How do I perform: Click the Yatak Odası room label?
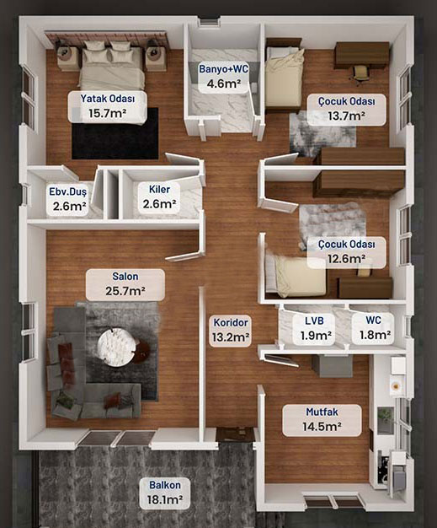pos(108,99)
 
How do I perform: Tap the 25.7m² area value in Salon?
pos(125,291)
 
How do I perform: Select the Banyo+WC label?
pos(223,68)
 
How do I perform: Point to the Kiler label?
pos(159,189)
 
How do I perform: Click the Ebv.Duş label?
pos(68,191)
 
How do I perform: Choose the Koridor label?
pos(231,322)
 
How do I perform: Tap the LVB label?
pos(314,321)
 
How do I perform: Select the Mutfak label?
pos(322,412)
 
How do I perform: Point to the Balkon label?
pos(165,485)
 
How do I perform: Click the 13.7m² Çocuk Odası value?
pos(347,116)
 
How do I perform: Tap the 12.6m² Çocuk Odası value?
pos(347,259)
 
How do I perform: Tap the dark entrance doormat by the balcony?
pos(235,435)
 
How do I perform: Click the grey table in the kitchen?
pos(332,366)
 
